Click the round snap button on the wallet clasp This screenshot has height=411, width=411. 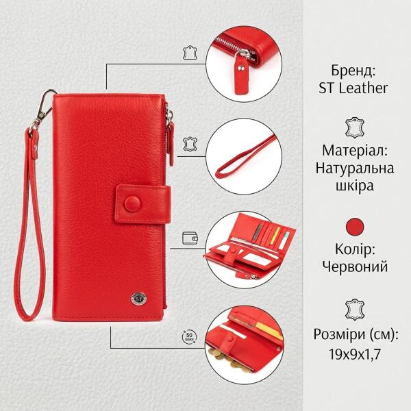[132, 203]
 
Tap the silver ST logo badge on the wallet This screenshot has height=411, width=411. [138, 299]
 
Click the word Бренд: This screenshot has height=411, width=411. [353, 71]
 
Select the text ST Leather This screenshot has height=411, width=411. [353, 88]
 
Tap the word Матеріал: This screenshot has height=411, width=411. [355, 151]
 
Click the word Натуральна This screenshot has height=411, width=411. [355, 168]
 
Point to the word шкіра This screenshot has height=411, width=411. [355, 186]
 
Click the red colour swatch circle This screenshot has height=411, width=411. [355, 227]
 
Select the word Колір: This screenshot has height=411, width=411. [355, 249]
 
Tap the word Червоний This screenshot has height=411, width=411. [355, 267]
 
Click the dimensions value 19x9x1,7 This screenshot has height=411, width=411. [355, 354]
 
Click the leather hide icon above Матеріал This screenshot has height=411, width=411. [355, 127]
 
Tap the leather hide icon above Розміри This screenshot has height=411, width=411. [355, 310]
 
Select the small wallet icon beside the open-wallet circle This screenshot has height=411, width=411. [190, 238]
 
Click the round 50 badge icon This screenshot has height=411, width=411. [189, 337]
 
